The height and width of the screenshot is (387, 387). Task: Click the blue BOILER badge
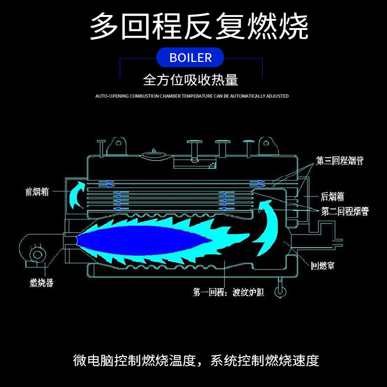(x=191, y=58)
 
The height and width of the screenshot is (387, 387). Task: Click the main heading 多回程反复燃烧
(x=199, y=27)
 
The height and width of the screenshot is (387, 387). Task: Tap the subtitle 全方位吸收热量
(x=191, y=79)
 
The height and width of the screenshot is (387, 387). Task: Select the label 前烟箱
(x=37, y=191)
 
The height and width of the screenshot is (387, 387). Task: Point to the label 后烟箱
(x=332, y=196)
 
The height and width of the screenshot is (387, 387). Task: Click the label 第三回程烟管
(x=340, y=161)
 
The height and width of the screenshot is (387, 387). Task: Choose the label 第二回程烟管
(x=345, y=211)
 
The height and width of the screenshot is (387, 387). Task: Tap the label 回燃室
(x=323, y=265)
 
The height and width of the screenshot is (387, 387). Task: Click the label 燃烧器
(x=42, y=283)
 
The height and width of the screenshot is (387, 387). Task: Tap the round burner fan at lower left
(x=37, y=255)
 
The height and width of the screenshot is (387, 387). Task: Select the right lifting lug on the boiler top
(x=266, y=143)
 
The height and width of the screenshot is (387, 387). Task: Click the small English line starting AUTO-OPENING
(x=192, y=96)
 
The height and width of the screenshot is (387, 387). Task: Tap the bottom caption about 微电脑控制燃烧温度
(x=196, y=360)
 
